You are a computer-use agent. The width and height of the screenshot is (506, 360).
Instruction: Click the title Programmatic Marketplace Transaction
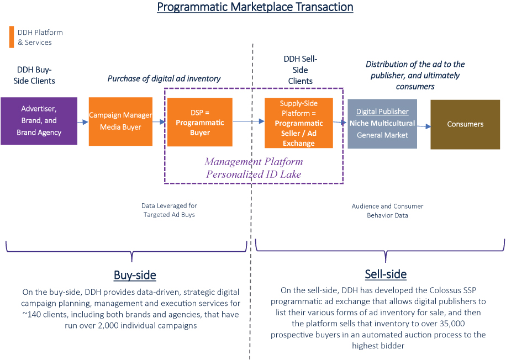point(255,7)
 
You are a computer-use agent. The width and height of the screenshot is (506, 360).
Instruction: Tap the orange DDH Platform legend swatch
point(11,37)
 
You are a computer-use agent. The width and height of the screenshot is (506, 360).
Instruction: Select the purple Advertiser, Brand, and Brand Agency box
point(39,121)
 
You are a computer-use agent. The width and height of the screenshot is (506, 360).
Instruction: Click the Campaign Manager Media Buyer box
point(120,121)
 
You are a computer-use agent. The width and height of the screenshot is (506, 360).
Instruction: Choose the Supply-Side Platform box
point(298,123)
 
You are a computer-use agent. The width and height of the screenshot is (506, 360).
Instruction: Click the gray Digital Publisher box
point(382,124)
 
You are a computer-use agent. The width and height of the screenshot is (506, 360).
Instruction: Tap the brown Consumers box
point(465,124)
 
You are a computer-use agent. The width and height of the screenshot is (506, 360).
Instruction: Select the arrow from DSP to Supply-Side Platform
point(248,120)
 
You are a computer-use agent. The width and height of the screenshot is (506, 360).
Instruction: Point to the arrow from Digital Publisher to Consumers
point(424,126)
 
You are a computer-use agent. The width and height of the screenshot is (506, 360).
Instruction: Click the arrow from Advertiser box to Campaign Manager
point(83,121)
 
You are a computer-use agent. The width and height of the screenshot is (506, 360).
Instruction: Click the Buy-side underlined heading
point(135,275)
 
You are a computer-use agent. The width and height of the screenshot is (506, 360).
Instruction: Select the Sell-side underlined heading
point(386,274)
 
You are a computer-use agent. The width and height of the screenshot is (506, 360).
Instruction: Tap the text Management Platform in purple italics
point(254,162)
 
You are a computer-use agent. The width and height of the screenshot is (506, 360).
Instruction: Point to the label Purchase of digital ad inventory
point(164,78)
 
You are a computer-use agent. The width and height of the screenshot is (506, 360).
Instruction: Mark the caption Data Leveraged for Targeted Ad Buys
point(169,210)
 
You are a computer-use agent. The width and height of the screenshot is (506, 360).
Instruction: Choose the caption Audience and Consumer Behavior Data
point(387,210)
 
